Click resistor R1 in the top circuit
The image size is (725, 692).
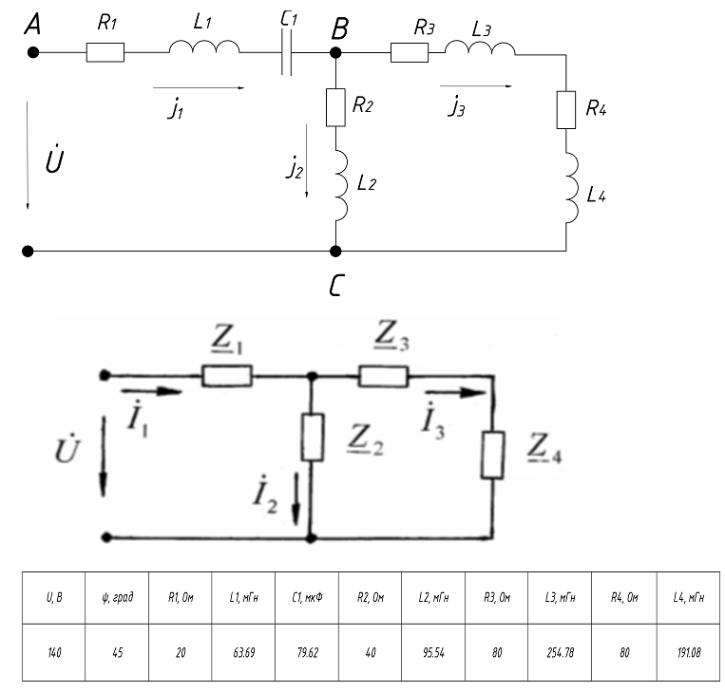click(105, 53)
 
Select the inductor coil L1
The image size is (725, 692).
click(202, 47)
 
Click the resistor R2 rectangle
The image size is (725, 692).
click(334, 107)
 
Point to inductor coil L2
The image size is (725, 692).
click(338, 180)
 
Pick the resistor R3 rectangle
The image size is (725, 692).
click(409, 53)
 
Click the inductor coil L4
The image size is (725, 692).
click(570, 190)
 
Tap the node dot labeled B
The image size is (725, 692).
click(334, 53)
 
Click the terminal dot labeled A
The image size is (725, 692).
click(33, 53)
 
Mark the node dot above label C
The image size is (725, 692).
click(334, 252)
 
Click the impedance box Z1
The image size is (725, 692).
click(227, 377)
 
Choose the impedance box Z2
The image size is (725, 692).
click(312, 438)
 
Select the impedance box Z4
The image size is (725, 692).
click(492, 455)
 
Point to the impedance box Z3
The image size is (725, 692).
click(383, 377)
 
